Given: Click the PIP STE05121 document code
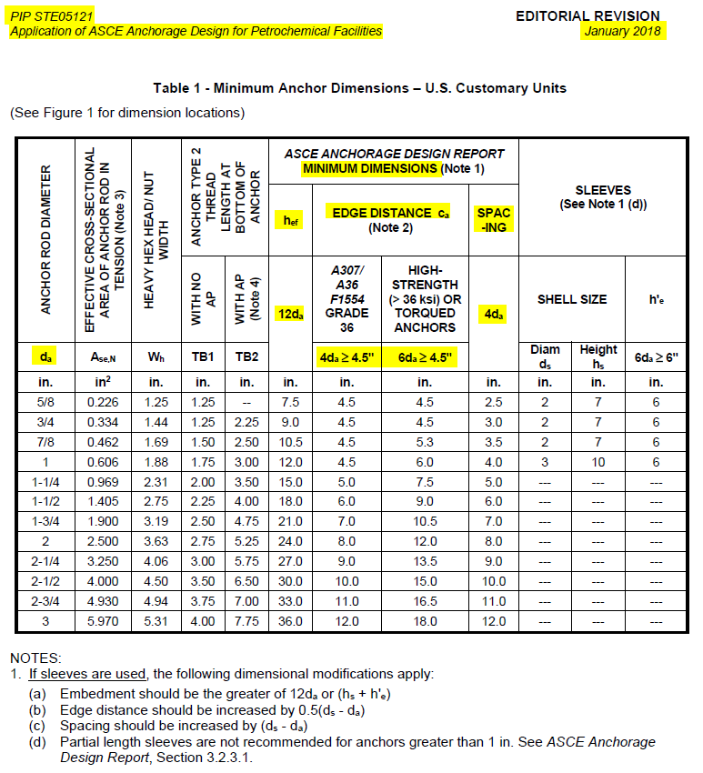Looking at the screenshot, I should tap(51, 16).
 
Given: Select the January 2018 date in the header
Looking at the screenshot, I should tap(624, 31).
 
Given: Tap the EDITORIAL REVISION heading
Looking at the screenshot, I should tap(588, 15).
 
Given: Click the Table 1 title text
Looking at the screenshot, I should tap(360, 88).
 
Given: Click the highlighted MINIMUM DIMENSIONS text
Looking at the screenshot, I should tap(369, 168).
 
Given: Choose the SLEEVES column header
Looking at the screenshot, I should tap(603, 190).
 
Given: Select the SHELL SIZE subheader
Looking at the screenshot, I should tap(572, 299).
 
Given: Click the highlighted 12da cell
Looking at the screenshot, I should tap(291, 314).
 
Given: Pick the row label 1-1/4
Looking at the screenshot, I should tap(45, 481).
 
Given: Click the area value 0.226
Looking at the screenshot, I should tap(104, 401).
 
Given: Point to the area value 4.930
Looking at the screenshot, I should tap(104, 601).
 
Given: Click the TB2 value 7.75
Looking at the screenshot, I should tap(245, 621).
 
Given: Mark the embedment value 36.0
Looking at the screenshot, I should tap(291, 621).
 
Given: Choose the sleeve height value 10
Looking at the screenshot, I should tap(598, 461).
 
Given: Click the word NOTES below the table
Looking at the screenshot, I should tap(35, 657).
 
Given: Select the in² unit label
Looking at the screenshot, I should tap(104, 381).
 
